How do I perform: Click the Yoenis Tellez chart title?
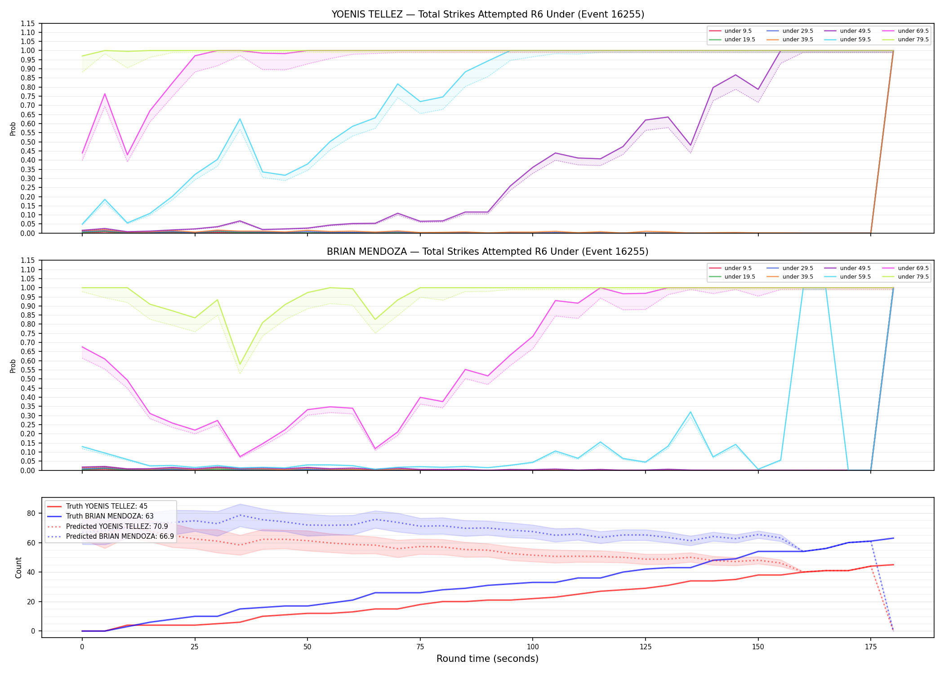[x=488, y=14]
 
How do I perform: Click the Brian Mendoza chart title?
[x=488, y=252]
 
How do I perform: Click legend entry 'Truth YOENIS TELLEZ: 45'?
[x=107, y=506]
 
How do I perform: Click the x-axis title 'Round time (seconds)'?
[x=487, y=659]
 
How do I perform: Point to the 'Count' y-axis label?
[x=18, y=568]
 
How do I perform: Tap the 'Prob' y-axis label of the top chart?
[x=13, y=129]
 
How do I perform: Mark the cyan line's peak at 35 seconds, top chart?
[x=240, y=119]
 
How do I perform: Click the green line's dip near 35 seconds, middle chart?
[x=240, y=364]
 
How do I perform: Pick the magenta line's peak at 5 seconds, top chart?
[x=105, y=94]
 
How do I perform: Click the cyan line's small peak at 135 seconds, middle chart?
[x=690, y=412]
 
